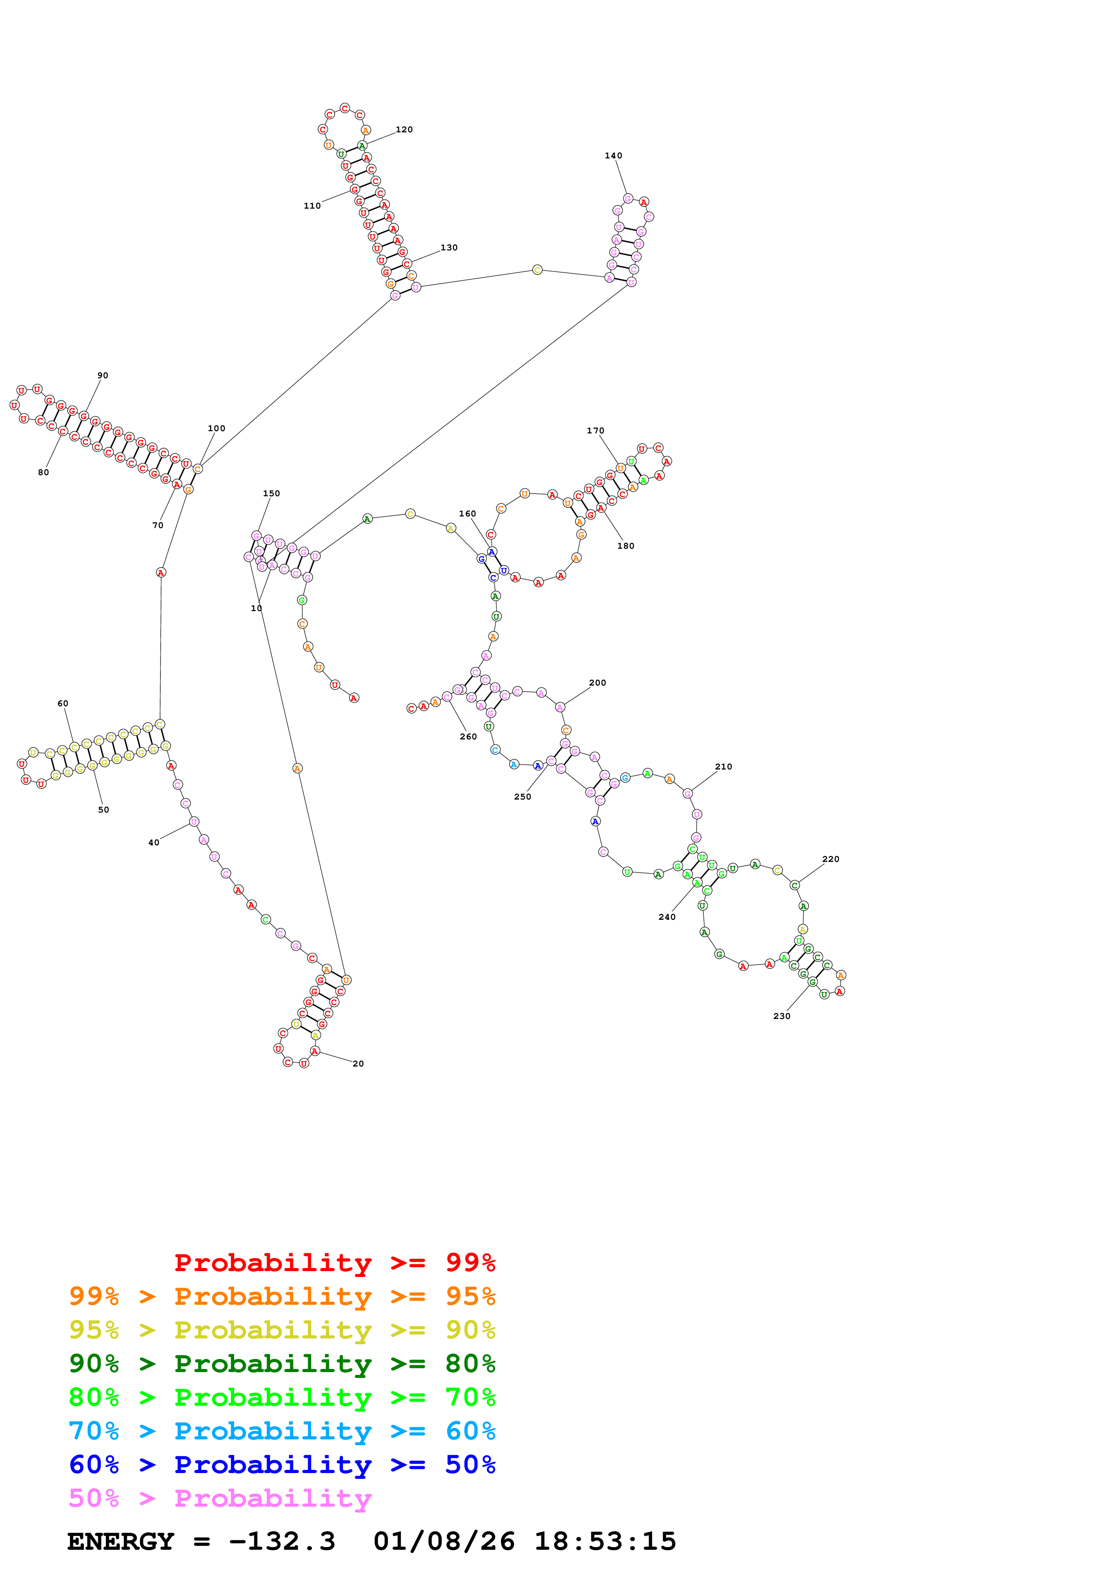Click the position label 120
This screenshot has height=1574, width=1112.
404,130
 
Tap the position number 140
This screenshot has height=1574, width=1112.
613,156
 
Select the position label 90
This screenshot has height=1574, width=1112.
102,376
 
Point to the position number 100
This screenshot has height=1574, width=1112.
217,428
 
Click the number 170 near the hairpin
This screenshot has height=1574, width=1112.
595,431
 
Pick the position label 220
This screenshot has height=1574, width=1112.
830,859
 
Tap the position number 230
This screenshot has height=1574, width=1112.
782,1016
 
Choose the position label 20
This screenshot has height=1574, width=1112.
358,1063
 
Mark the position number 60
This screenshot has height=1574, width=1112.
63,704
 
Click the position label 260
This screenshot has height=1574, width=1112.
468,736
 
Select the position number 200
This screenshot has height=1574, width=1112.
597,683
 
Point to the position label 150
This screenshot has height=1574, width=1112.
271,494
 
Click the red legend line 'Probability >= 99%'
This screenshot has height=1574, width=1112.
334,1263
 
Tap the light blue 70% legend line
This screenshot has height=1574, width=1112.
282,1431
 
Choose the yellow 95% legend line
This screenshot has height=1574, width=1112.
282,1330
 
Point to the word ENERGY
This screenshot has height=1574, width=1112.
121,1541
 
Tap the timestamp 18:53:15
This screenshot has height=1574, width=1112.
605,1541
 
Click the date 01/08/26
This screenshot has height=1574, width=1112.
444,1541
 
